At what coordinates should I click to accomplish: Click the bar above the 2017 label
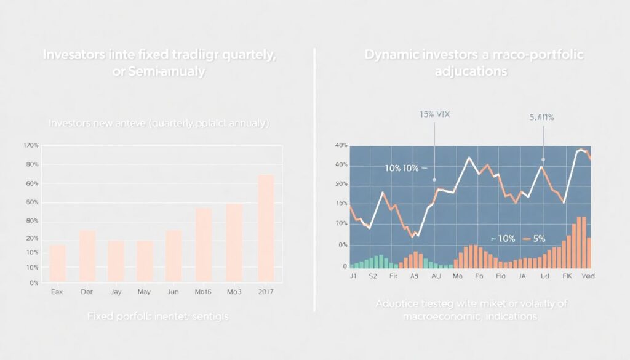266,228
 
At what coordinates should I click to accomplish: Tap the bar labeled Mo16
204,244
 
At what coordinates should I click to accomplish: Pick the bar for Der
87,255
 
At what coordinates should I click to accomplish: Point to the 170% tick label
31,145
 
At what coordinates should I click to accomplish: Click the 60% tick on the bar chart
31,183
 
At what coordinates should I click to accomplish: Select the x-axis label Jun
173,292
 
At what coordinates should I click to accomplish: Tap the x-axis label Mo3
234,292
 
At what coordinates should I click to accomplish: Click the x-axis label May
144,292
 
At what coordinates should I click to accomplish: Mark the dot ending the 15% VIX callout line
434,180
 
